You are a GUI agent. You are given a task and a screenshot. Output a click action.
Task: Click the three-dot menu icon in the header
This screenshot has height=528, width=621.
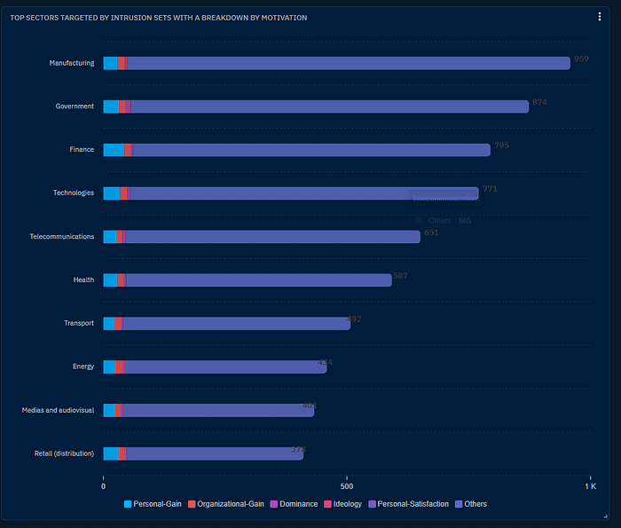coord(600,16)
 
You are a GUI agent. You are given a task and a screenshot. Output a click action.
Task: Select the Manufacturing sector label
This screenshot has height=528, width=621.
coord(72,63)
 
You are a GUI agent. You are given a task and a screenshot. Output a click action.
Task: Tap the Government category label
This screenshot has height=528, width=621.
coord(75,106)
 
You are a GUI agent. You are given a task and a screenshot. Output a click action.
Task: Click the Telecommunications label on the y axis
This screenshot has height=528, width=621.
coord(61,237)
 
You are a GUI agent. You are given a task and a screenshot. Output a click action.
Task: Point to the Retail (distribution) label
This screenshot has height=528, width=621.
coord(61,453)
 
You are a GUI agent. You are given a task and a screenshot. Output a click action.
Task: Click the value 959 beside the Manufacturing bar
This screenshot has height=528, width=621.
coord(581,59)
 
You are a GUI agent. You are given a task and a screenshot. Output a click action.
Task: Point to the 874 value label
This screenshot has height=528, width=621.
coord(539,102)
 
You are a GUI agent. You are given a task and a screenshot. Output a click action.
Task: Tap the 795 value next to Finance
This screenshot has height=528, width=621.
coord(501,146)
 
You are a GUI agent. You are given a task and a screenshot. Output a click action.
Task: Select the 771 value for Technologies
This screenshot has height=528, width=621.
coord(490,189)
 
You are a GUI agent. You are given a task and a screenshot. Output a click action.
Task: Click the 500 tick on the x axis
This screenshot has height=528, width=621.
coord(347,486)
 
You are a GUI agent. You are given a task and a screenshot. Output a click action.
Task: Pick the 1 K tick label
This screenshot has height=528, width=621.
coord(589,486)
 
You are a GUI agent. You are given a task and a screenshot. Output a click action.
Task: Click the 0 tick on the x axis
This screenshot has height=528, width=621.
coord(104,486)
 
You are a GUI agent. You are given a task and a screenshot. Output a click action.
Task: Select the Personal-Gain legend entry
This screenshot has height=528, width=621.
coord(153,504)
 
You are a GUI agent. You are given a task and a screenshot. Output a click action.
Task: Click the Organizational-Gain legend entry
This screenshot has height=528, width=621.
coord(225,504)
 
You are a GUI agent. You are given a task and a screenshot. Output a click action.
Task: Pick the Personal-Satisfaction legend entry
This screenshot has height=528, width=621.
coord(408,504)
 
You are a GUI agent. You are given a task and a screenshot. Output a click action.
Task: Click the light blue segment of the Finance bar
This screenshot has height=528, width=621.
coord(114,150)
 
